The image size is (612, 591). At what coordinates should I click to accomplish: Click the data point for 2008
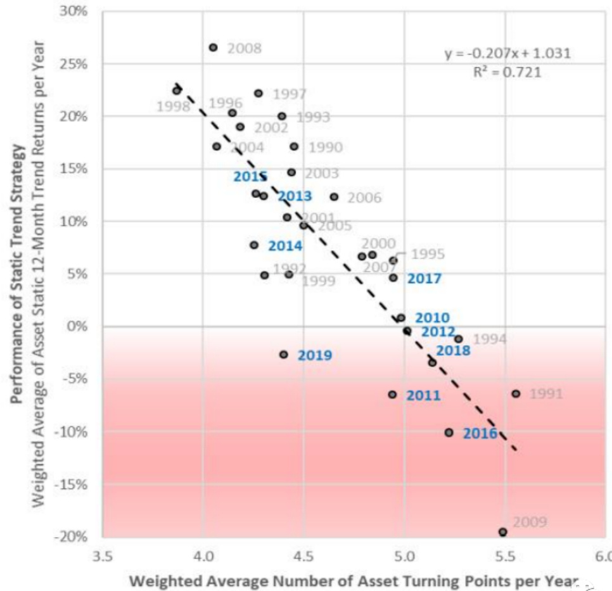click(x=214, y=48)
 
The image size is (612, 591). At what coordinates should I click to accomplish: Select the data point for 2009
click(x=503, y=532)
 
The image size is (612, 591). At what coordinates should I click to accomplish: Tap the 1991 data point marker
click(x=516, y=393)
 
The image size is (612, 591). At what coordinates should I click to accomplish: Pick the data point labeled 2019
click(x=284, y=355)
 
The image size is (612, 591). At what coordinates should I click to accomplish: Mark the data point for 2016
click(x=449, y=432)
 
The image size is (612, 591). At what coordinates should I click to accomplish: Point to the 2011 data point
click(x=392, y=394)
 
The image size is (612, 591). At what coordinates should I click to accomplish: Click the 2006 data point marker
click(x=334, y=197)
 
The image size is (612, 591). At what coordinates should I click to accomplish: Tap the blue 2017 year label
click(x=424, y=278)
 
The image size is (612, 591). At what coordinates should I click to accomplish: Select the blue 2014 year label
click(x=285, y=246)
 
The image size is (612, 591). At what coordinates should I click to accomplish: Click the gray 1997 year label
click(x=290, y=94)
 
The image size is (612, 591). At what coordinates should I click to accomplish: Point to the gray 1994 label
click(x=490, y=340)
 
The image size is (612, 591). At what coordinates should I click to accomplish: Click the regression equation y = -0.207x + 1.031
click(x=507, y=53)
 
